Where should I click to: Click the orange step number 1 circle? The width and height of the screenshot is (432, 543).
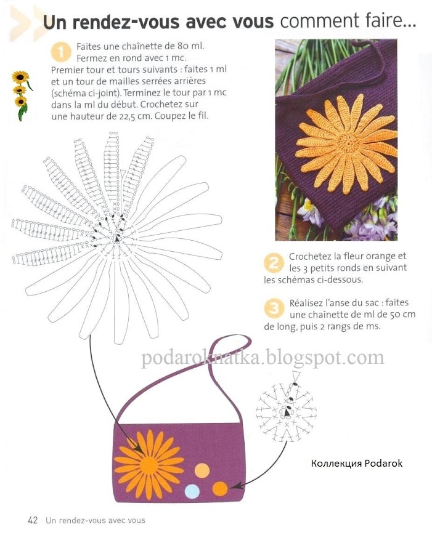click(60, 52)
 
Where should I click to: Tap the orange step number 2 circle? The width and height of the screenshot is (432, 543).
click(274, 263)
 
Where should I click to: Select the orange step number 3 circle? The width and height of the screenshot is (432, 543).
click(274, 308)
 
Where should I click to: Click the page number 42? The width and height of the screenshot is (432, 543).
click(33, 520)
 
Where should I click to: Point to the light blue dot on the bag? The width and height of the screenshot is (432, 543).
click(192, 491)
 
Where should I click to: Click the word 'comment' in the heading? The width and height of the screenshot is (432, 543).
click(319, 21)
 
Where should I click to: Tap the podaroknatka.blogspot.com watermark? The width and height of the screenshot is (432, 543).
click(263, 357)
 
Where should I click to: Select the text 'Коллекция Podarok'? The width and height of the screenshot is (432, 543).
click(356, 464)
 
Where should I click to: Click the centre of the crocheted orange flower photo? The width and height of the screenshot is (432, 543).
click(348, 142)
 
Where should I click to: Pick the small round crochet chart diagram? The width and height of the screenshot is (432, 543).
click(287, 411)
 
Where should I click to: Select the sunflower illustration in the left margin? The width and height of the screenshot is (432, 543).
click(22, 95)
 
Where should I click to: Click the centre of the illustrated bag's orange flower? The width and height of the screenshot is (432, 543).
click(149, 464)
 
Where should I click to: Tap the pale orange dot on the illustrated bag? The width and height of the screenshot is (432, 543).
click(202, 471)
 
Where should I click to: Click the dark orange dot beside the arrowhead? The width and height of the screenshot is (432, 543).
click(220, 488)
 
